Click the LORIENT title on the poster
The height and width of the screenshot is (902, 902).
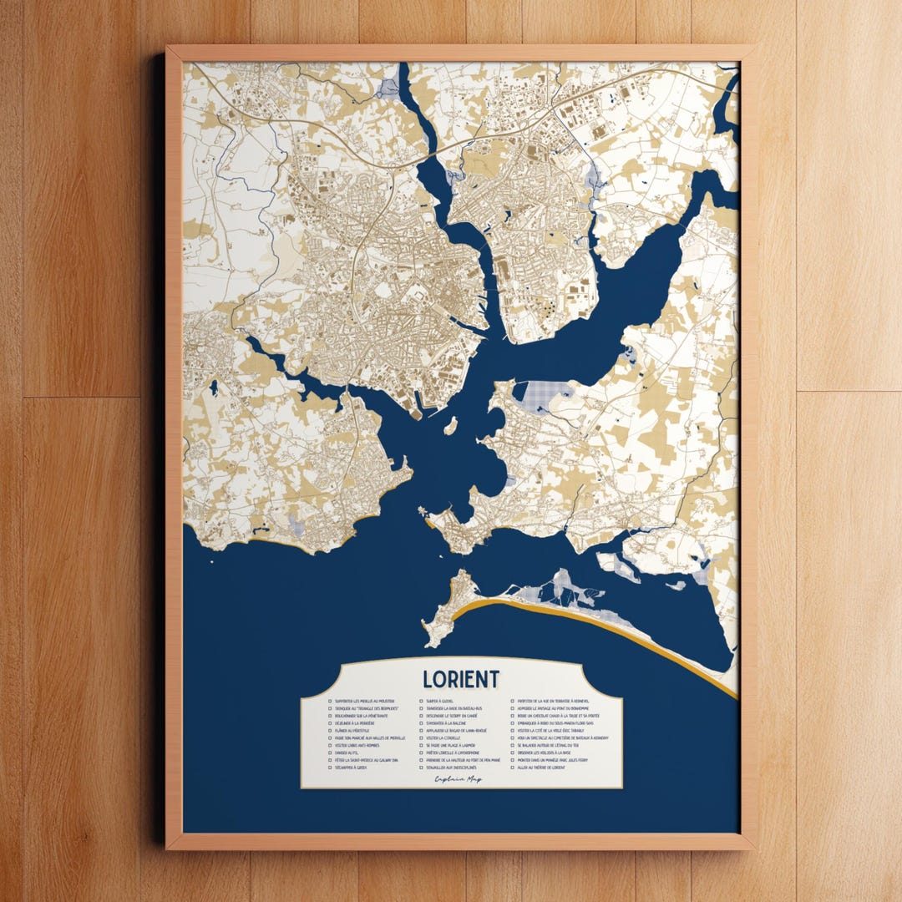click(461, 678)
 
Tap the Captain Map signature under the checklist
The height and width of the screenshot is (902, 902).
click(458, 779)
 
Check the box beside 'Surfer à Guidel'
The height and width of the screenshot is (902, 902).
click(421, 701)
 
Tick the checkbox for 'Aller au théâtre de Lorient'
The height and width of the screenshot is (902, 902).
click(512, 768)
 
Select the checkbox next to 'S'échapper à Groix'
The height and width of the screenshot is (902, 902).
click(330, 768)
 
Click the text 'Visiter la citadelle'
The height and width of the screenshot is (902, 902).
click(443, 738)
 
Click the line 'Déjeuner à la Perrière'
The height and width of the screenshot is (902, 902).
click(355, 723)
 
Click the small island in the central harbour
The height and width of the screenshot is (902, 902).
click(451, 427)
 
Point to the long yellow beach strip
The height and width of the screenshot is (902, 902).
click(585, 626)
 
